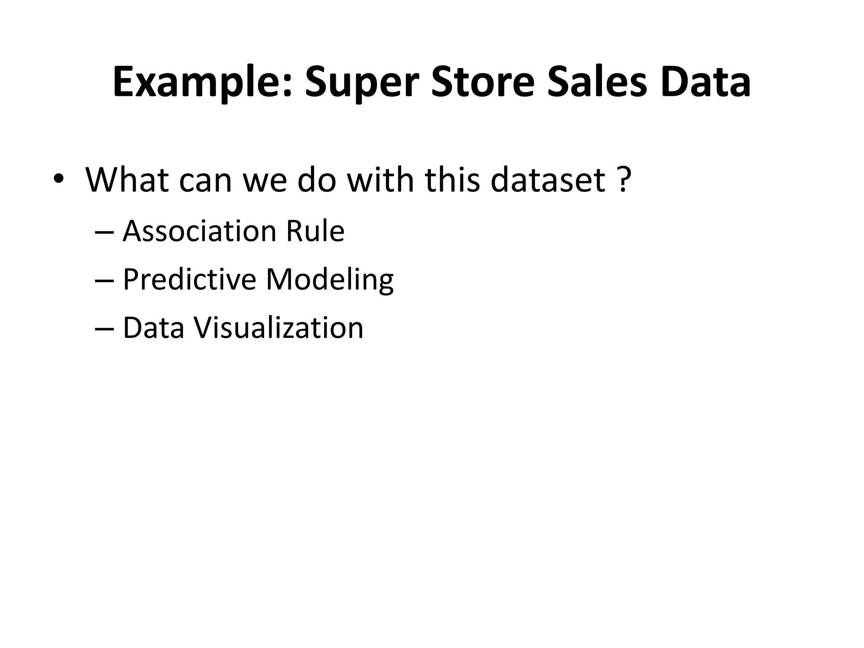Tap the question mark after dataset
pos(624,180)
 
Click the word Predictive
pos(189,279)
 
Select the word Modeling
pos(330,279)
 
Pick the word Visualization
pos(278,328)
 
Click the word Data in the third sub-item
pos(154,328)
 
